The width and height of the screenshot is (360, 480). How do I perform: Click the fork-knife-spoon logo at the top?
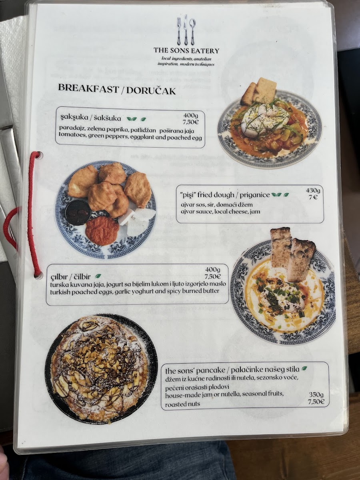pos(186,30)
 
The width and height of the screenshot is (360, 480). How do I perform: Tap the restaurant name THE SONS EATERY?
pos(186,51)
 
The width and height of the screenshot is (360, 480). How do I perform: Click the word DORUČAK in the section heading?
pos(151,91)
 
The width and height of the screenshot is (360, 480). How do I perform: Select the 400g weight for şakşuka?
pos(190,115)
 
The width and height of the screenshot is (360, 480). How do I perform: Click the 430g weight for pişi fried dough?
pos(313,191)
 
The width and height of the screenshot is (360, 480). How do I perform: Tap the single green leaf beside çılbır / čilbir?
pos(98,276)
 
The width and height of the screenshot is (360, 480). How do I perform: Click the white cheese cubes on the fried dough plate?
pos(137,221)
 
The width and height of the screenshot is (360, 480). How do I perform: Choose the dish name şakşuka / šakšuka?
pos(91,118)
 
